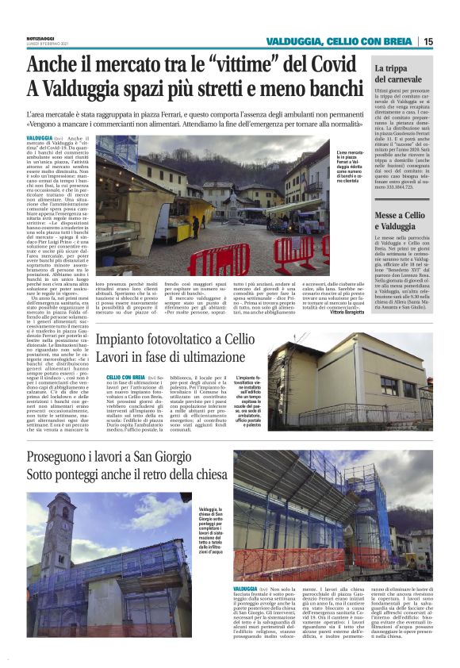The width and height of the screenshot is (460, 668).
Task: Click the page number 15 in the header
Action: point(427,42)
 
